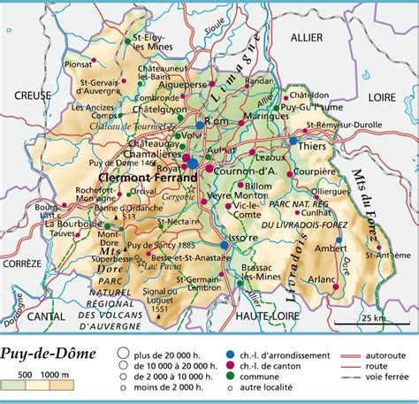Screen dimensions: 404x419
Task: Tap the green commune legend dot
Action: [x=229, y=378]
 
